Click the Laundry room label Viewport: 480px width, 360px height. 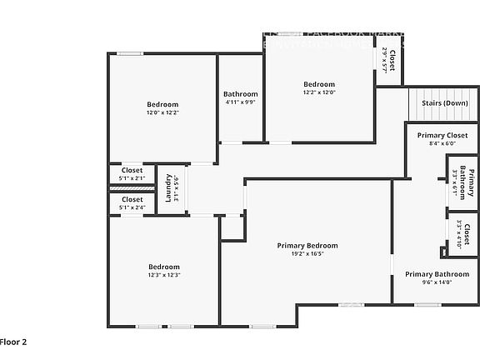pyautogui.click(x=168, y=188)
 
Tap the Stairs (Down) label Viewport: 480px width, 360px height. pyautogui.click(x=444, y=102)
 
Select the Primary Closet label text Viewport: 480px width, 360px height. pyautogui.click(x=442, y=135)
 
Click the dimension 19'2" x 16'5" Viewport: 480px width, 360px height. pyautogui.click(x=307, y=253)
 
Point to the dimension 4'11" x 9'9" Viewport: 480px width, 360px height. pyautogui.click(x=241, y=102)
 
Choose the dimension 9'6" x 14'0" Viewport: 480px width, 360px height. pyautogui.click(x=437, y=282)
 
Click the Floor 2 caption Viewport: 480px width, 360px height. pyautogui.click(x=14, y=342)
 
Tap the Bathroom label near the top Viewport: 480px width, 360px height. pyautogui.click(x=241, y=94)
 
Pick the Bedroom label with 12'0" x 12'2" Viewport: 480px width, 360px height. pyautogui.click(x=162, y=104)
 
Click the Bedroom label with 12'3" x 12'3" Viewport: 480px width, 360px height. pyautogui.click(x=164, y=267)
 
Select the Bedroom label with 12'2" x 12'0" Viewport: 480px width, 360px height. pyautogui.click(x=318, y=84)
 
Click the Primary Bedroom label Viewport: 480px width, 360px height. pyautogui.click(x=307, y=245)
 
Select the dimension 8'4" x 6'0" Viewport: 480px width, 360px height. pyautogui.click(x=442, y=143)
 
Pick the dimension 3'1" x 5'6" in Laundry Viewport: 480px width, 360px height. pyautogui.click(x=177, y=188)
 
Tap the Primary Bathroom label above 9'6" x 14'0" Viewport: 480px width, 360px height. pyautogui.click(x=437, y=273)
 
